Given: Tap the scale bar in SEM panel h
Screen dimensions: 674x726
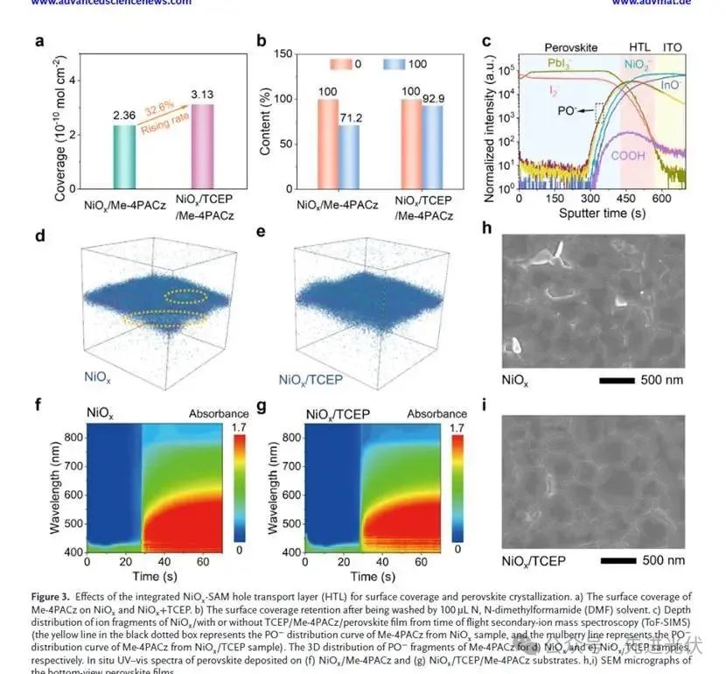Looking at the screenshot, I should point(624,379).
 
